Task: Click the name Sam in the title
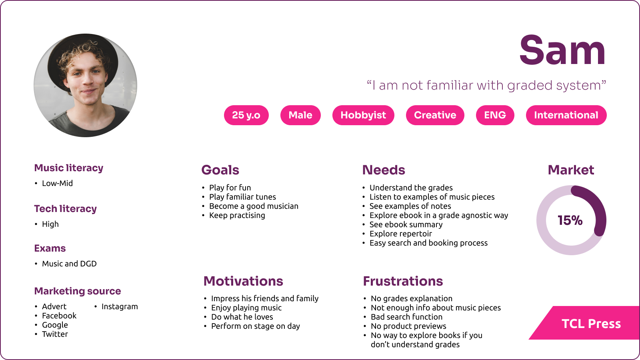click(x=562, y=50)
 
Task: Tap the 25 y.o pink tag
click(x=246, y=115)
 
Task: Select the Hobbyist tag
click(x=363, y=115)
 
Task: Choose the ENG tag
click(x=495, y=115)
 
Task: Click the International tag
click(x=566, y=115)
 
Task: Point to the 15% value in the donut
click(x=570, y=220)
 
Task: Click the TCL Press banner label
click(x=591, y=324)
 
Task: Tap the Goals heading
click(x=220, y=170)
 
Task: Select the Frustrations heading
click(x=403, y=281)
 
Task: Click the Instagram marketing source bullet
click(x=120, y=306)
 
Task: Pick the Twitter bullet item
click(x=55, y=334)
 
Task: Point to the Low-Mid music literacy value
click(x=58, y=183)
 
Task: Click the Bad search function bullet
click(x=406, y=317)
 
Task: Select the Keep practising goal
click(x=237, y=215)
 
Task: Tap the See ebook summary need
click(x=406, y=224)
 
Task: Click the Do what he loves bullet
click(x=242, y=317)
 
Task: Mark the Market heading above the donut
click(x=571, y=170)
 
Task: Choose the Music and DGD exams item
click(x=69, y=264)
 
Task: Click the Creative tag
click(x=435, y=115)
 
